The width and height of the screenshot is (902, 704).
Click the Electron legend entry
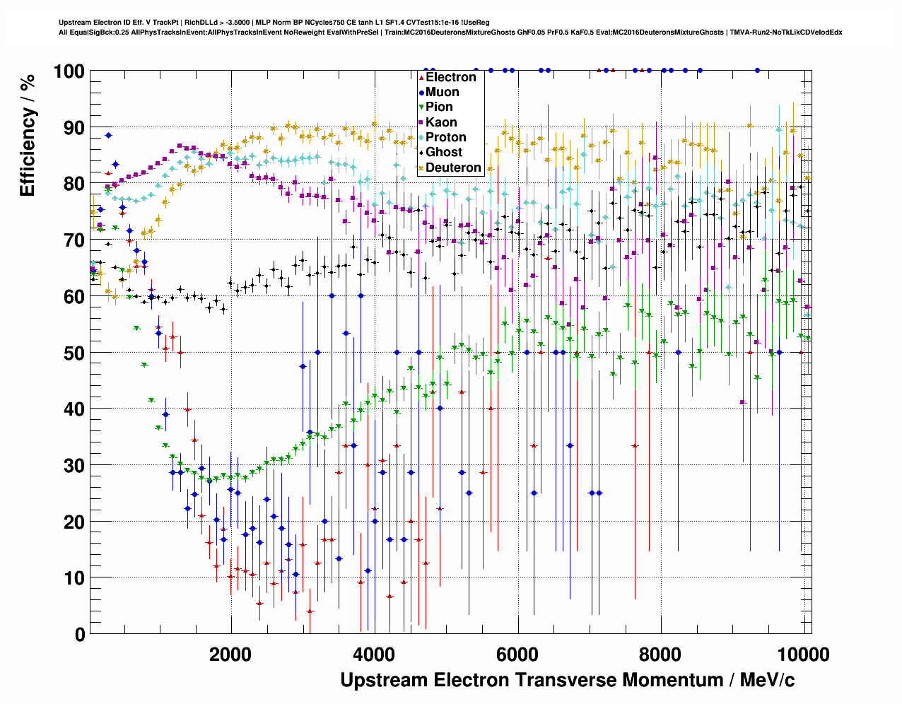[x=451, y=77]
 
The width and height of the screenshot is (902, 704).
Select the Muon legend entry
[x=443, y=92]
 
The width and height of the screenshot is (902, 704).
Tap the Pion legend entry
[x=439, y=107]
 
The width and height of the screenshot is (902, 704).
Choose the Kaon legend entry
[x=441, y=122]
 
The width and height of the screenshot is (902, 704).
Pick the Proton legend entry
[x=446, y=137]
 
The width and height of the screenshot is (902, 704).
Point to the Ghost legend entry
[x=444, y=152]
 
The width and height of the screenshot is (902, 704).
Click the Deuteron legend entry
[x=453, y=168]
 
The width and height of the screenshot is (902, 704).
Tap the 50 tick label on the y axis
[x=73, y=353]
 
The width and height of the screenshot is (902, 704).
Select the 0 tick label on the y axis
[x=79, y=634]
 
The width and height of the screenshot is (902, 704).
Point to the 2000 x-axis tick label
[x=230, y=654]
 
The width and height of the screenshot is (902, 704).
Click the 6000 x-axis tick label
[x=518, y=654]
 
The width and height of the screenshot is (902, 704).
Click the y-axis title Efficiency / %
[x=28, y=135]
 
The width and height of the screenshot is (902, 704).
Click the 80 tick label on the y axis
[x=73, y=184]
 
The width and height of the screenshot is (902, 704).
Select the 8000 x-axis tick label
[x=662, y=654]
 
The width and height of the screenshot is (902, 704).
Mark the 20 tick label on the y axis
[x=73, y=522]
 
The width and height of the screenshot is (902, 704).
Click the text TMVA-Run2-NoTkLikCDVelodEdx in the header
[x=786, y=32]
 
